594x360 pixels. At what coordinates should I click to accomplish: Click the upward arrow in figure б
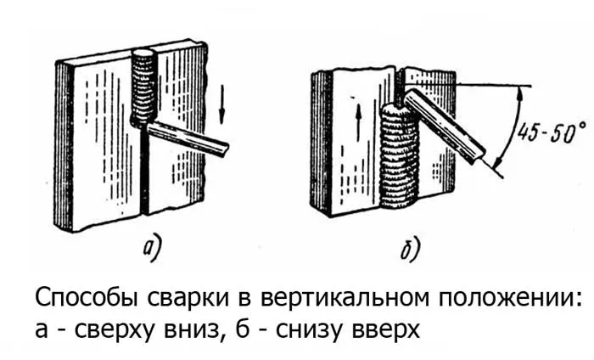click(x=358, y=121)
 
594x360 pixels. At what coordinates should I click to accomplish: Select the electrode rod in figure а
click(x=187, y=138)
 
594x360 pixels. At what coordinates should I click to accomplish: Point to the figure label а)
click(x=152, y=250)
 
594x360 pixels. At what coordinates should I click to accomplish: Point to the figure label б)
click(x=411, y=249)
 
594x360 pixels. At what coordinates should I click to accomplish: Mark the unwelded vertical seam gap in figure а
click(x=144, y=171)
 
